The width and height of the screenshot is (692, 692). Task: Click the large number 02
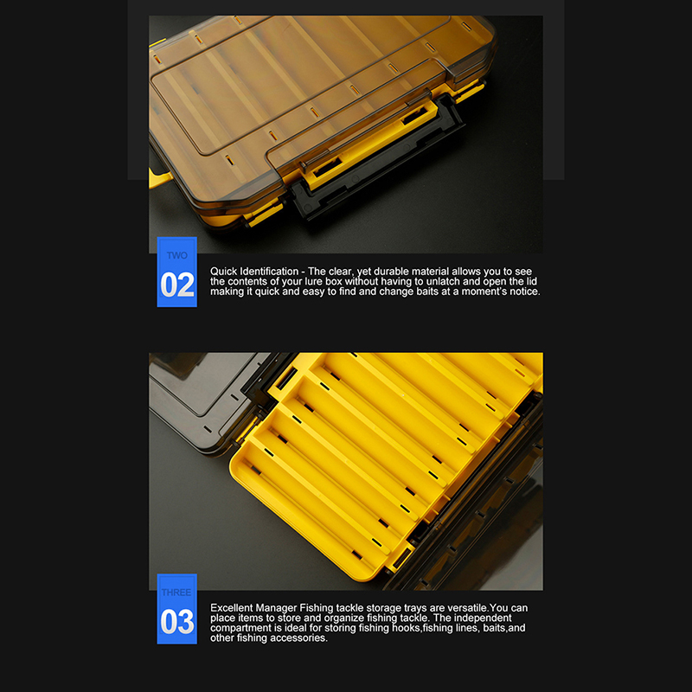click(x=177, y=285)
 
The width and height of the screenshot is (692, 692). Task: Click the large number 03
click(x=177, y=621)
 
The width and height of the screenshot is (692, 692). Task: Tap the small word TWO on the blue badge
click(x=177, y=255)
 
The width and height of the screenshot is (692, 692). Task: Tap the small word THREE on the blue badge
click(x=176, y=593)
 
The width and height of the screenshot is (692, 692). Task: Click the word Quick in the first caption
click(x=223, y=272)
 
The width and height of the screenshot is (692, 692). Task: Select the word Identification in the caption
click(x=269, y=272)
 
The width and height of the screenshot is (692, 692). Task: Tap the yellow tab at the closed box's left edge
click(x=159, y=177)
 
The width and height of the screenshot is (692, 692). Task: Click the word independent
click(x=483, y=618)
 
